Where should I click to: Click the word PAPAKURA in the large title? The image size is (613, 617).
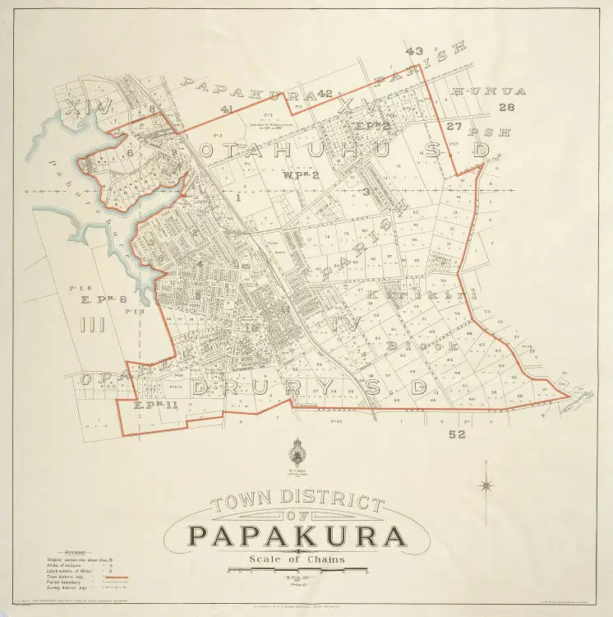(297, 537)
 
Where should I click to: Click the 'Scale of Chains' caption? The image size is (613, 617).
(297, 560)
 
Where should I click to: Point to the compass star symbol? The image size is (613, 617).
(486, 485)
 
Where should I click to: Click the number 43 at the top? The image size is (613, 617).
(415, 52)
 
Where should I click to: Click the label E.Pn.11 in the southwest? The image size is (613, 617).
(154, 406)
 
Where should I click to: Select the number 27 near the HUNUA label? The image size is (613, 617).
(454, 126)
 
